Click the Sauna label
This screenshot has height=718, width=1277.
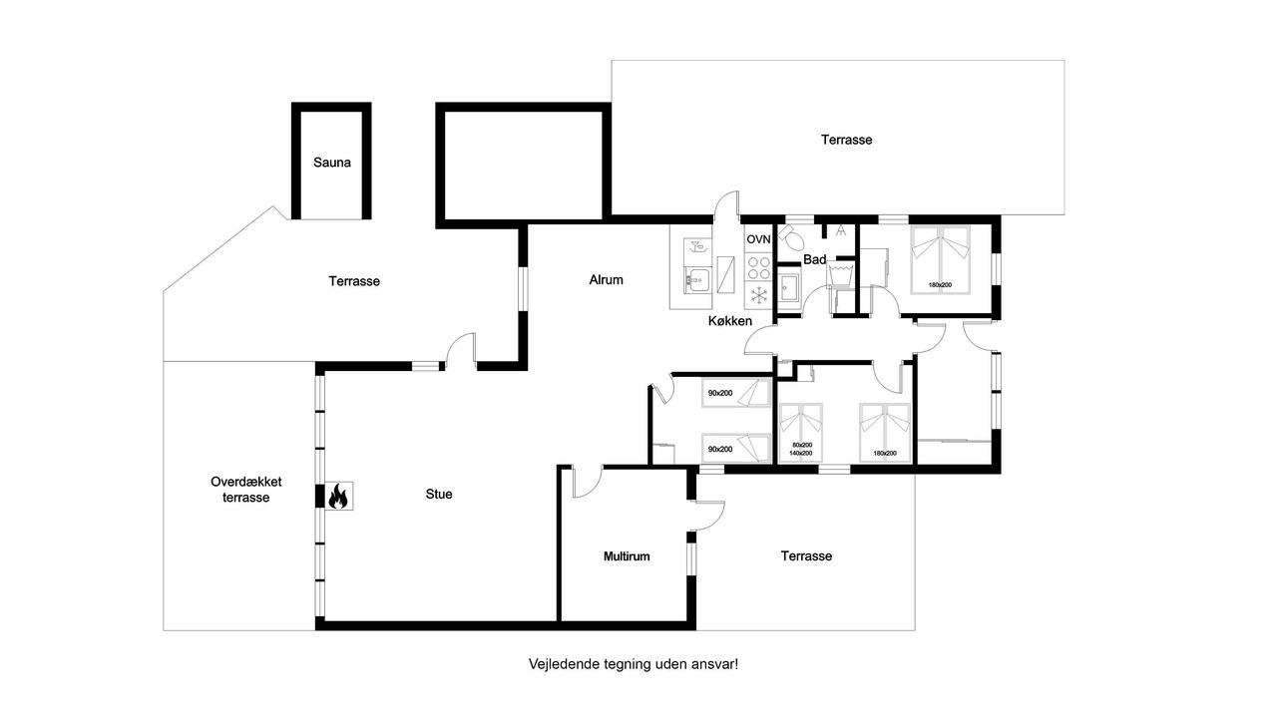[x=332, y=163]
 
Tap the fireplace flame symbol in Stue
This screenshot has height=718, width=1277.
[x=338, y=496]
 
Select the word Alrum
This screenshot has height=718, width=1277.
[x=606, y=280]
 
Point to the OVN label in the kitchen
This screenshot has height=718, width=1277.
[x=758, y=239]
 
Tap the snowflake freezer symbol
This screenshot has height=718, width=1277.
[x=759, y=295]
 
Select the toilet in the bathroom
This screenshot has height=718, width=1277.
[x=791, y=236]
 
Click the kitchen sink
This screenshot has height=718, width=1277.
[x=697, y=280]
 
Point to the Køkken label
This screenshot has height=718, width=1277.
[x=729, y=321]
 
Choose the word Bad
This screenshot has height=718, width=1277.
[x=815, y=260]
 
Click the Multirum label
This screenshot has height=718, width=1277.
[x=627, y=556]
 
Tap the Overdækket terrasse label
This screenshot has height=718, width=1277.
[x=245, y=490]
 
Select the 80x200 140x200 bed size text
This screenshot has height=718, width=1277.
[x=801, y=449]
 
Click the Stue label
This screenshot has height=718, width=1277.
[x=439, y=494]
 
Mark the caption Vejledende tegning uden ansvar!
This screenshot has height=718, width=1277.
[x=634, y=664]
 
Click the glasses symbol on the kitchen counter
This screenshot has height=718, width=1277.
[x=697, y=246]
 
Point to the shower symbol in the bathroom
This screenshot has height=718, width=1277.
[x=840, y=230]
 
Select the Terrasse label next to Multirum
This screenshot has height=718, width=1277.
[x=806, y=556]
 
